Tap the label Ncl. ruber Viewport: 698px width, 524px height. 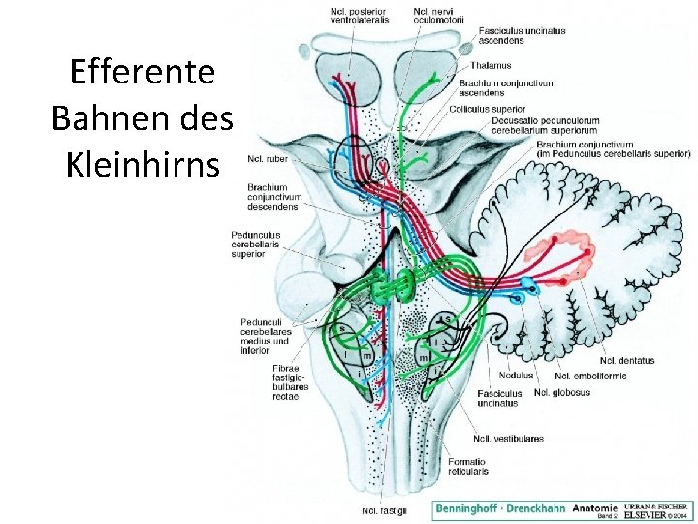tap(269, 159)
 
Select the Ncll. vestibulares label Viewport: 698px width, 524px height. tap(508, 439)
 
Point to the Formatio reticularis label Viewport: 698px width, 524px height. tap(468, 466)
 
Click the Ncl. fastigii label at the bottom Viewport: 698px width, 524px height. tap(384, 510)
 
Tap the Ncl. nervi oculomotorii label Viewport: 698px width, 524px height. tap(436, 16)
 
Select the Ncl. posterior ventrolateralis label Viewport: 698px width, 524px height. tap(359, 16)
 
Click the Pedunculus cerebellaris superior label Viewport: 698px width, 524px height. tap(256, 244)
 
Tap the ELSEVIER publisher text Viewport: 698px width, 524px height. tap(655, 514)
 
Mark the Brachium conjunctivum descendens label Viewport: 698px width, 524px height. tap(274, 197)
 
